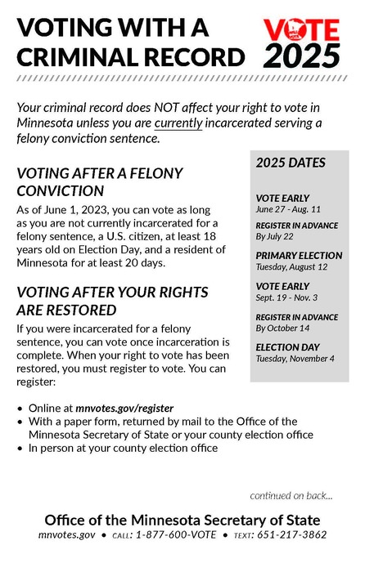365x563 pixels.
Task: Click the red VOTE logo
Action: pos(301,31)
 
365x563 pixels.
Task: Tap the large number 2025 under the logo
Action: pos(301,56)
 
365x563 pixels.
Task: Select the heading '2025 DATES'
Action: pos(279,163)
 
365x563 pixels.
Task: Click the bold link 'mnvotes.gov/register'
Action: pos(124,408)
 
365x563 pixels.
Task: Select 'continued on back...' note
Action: pos(292,495)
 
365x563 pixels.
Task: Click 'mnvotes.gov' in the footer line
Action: pos(67,535)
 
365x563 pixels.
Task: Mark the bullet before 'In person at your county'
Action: pos(20,448)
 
